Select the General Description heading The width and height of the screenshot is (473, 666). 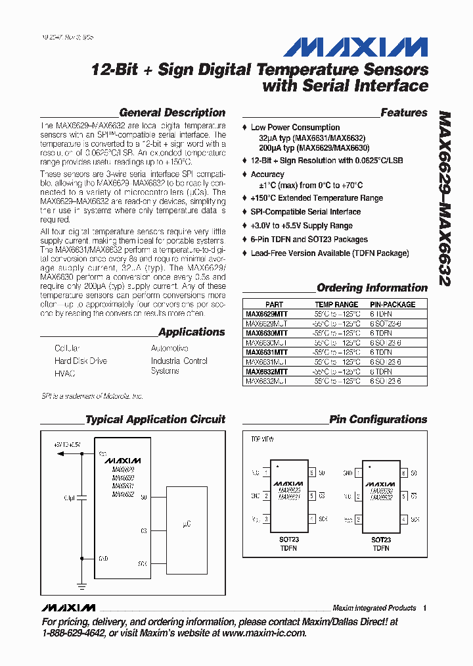tap(172, 113)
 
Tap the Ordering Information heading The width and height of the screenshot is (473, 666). tap(372, 288)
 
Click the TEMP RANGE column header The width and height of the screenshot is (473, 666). tap(336, 305)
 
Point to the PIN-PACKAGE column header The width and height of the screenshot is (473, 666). tap(392, 305)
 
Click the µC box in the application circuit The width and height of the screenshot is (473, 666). tap(186, 524)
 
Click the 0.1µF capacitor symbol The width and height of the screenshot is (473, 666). tap(82, 498)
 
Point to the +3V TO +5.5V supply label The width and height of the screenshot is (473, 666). tap(67, 445)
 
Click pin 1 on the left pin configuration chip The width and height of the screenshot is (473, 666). tap(266, 473)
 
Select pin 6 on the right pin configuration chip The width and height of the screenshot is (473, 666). tap(405, 473)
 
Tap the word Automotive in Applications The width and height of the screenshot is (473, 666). tap(169, 348)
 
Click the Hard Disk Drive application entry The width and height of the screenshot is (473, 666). tap(80, 361)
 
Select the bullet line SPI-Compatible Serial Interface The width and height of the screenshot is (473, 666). tap(305, 212)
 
